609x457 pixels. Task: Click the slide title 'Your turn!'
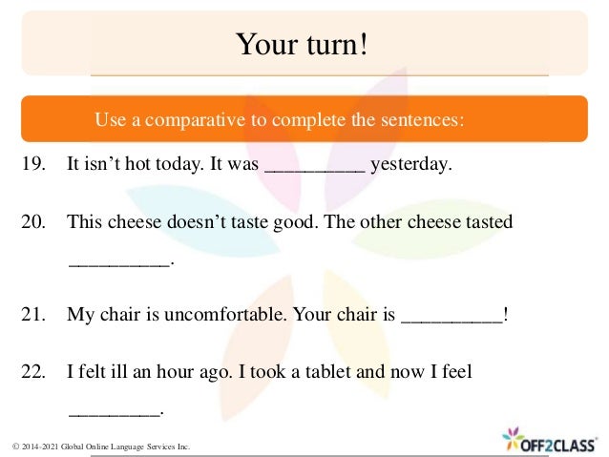(x=302, y=44)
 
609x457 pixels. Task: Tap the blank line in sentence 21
(x=451, y=320)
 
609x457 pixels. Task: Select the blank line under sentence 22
(x=115, y=411)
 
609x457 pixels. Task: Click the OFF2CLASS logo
(x=552, y=440)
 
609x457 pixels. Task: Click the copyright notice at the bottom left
(x=101, y=446)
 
